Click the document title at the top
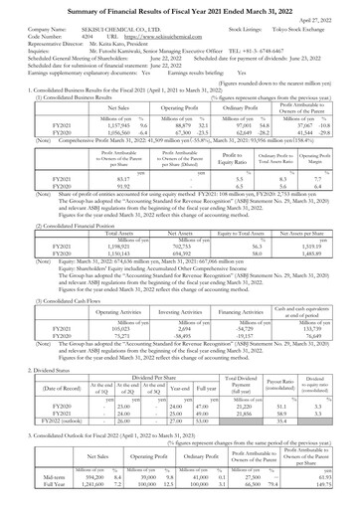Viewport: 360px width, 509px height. (179, 8)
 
